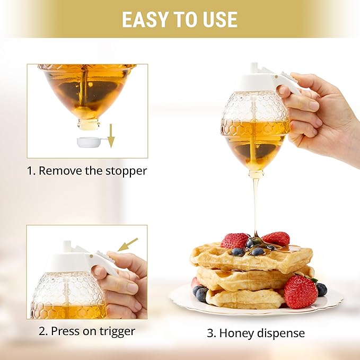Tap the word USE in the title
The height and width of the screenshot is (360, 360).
tap(218, 19)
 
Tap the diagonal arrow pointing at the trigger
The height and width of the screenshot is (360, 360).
tap(127, 244)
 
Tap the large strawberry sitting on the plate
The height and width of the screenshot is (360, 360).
tap(301, 292)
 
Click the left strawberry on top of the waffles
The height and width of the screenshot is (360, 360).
tap(234, 241)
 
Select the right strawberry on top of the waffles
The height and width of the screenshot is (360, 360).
tap(276, 239)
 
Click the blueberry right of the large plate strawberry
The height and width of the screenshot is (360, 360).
tap(321, 289)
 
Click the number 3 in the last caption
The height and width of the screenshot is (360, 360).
tap(209, 333)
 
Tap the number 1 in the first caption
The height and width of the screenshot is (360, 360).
tap(30, 171)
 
